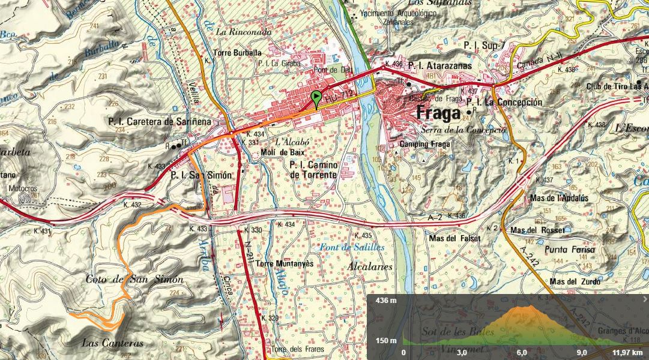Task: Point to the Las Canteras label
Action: tap(113, 343)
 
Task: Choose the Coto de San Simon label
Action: tap(134, 280)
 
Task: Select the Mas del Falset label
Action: tap(455, 238)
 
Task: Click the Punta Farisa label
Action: tap(570, 249)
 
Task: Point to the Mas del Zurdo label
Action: tap(575, 281)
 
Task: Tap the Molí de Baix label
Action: tap(283, 152)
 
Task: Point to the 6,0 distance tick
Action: tap(521, 353)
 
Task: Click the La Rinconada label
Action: tap(240, 31)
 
